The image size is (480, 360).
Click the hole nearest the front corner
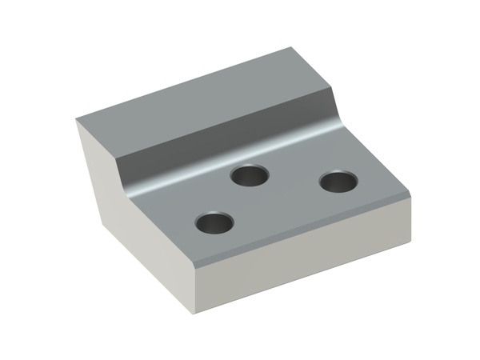click(214, 223)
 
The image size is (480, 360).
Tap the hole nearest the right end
click(338, 182)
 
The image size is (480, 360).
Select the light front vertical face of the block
click(304, 256)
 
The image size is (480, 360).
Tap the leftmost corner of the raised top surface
click(78, 120)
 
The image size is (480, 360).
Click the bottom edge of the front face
click(304, 274)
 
